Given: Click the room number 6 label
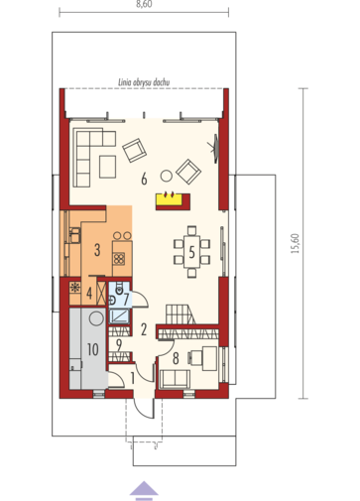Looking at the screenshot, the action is tap(144, 180).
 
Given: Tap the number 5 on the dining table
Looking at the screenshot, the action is tap(191, 253).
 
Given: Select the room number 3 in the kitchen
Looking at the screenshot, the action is tap(97, 250).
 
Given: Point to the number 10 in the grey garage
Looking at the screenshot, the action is tap(93, 349).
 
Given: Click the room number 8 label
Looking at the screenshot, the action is tap(176, 358).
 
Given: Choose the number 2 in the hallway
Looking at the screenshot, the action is tap(144, 329).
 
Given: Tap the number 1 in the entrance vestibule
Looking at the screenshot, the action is tap(133, 378).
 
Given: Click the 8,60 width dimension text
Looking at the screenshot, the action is tap(144, 5).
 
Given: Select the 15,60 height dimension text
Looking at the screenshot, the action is tap(295, 244).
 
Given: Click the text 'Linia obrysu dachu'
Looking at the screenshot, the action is tap(144, 82).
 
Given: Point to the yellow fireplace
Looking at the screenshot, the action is tap(169, 199).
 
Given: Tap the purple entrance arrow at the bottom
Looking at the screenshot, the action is tap(144, 490).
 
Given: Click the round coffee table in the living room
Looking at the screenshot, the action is tap(166, 176).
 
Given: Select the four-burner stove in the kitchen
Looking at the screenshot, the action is tap(119, 259).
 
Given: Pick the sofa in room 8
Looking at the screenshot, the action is tap(175, 379).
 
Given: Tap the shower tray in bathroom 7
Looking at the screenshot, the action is tap(119, 316).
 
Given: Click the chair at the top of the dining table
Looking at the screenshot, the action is tap(191, 230).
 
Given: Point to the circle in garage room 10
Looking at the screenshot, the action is tap(96, 319).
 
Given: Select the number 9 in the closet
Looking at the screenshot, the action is tap(119, 345).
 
